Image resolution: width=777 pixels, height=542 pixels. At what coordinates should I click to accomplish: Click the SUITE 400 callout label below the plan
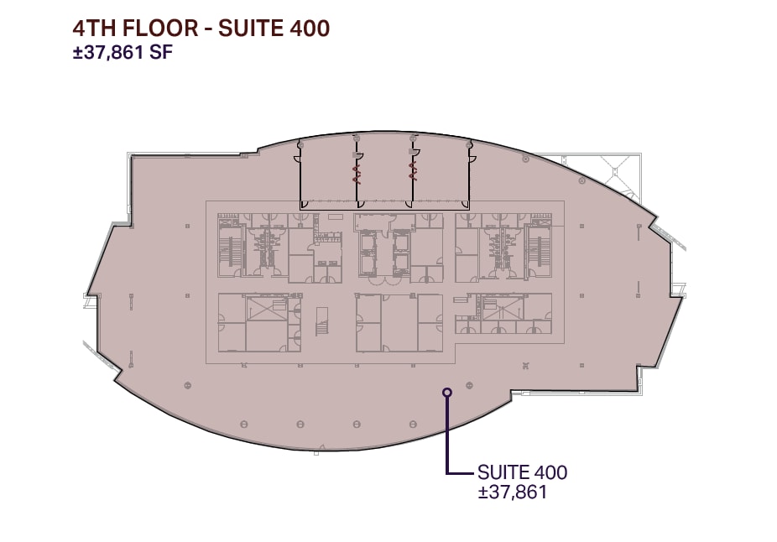[522, 472]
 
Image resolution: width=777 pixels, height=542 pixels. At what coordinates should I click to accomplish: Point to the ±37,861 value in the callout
[512, 492]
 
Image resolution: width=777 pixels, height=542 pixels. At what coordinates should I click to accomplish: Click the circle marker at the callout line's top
[447, 392]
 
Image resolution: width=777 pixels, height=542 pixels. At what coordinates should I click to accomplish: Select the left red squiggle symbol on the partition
[356, 174]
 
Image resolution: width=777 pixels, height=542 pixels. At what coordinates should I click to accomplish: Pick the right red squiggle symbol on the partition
[411, 172]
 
